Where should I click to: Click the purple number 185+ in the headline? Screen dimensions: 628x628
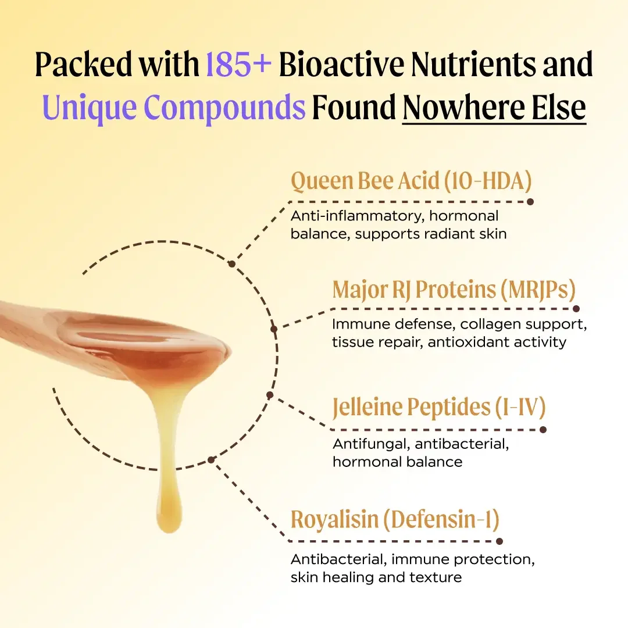pyautogui.click(x=238, y=64)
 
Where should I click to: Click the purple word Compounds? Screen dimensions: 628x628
pyautogui.click(x=224, y=108)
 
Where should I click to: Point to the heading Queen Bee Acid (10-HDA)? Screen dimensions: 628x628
pyautogui.click(x=411, y=181)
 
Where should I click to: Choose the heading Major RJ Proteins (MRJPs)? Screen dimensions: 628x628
pyautogui.click(x=454, y=290)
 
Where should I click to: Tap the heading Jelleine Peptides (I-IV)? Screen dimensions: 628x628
pyautogui.click(x=439, y=407)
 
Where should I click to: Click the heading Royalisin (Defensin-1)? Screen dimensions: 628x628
pyautogui.click(x=395, y=519)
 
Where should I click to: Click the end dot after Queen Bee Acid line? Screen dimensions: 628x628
pyautogui.click(x=530, y=202)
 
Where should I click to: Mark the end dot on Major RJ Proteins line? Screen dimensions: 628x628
pyautogui.click(x=576, y=309)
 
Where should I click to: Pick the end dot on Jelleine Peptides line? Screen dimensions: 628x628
pyautogui.click(x=543, y=430)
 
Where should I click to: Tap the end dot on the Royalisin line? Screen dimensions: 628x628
pyautogui.click(x=499, y=541)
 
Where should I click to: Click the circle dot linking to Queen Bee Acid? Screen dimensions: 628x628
pyautogui.click(x=231, y=264)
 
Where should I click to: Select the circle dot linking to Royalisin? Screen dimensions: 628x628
pyautogui.click(x=211, y=460)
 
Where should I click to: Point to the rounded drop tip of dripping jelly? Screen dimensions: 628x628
pyautogui.click(x=169, y=524)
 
